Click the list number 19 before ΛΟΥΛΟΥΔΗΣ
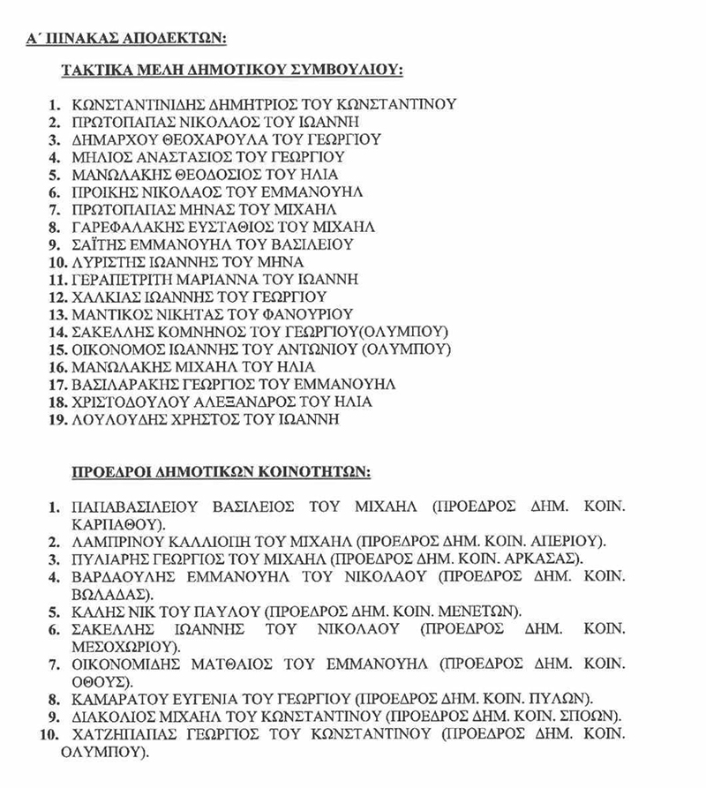pos(56,420)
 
